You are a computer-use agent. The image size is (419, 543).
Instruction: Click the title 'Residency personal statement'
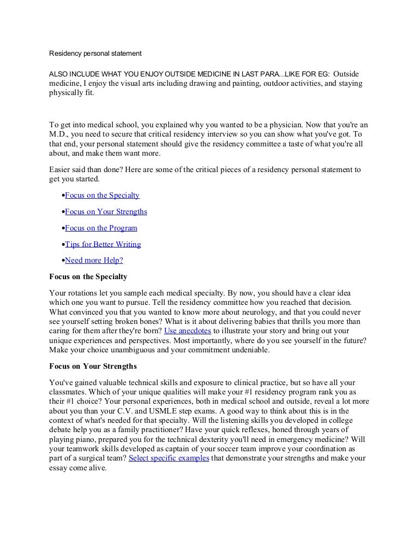(x=95, y=54)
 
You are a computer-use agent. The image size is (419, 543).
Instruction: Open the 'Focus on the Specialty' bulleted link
(x=102, y=195)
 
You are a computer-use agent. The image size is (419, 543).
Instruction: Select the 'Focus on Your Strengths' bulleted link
(x=106, y=211)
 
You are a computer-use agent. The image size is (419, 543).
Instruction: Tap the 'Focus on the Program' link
(x=101, y=228)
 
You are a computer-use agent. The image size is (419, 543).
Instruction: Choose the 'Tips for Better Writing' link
(x=103, y=244)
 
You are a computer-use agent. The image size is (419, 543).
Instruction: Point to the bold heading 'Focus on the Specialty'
(x=88, y=276)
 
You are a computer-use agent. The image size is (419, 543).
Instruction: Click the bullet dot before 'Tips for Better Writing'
(x=63, y=245)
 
